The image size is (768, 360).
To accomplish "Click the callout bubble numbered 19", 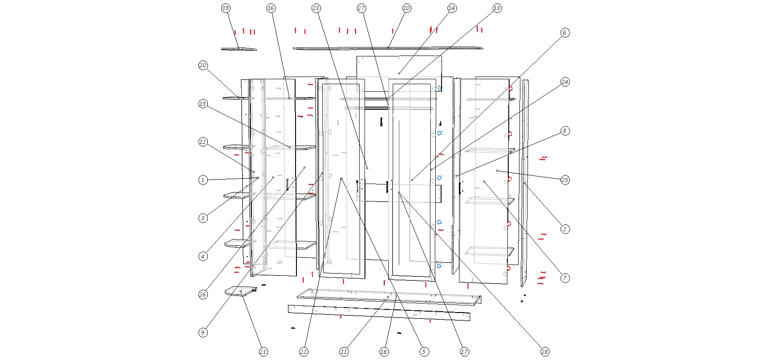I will pyautogui.click(x=226, y=8).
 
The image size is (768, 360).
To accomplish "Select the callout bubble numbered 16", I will pyautogui.click(x=270, y=8).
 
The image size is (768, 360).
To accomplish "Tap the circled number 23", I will pyautogui.click(x=316, y=8).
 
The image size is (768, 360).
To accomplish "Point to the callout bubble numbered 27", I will pyautogui.click(x=361, y=8).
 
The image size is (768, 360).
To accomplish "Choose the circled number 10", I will pyautogui.click(x=407, y=8).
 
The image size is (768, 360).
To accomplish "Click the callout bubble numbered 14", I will pyautogui.click(x=452, y=8).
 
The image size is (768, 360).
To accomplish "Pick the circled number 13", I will pyautogui.click(x=497, y=8).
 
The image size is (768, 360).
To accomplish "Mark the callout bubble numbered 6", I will pyautogui.click(x=565, y=33).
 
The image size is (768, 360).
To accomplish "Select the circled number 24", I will pyautogui.click(x=565, y=81).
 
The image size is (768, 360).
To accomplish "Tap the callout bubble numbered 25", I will pyautogui.click(x=565, y=180).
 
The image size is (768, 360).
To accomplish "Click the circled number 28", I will pyautogui.click(x=545, y=352).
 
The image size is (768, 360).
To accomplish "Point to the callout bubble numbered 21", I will pyautogui.click(x=263, y=352).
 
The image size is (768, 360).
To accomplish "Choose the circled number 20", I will pyautogui.click(x=203, y=65).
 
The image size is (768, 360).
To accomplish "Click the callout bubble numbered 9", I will pyautogui.click(x=203, y=333).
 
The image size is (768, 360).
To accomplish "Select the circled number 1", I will pyautogui.click(x=203, y=180).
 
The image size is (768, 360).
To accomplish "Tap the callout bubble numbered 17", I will pyautogui.click(x=464, y=352).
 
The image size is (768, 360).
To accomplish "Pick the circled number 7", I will pyautogui.click(x=565, y=278).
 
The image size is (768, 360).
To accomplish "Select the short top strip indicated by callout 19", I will pyautogui.click(x=239, y=49).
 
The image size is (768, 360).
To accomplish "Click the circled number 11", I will pyautogui.click(x=343, y=352).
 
